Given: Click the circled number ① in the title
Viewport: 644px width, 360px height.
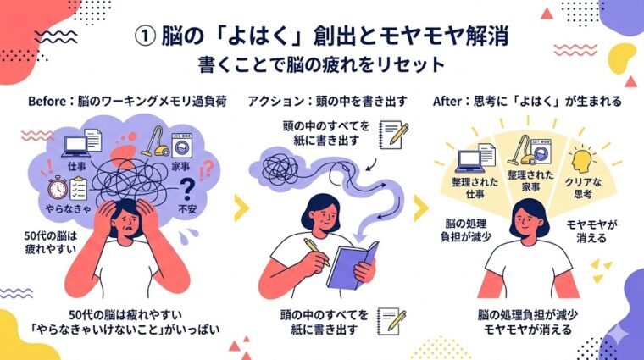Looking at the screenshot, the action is point(145,37).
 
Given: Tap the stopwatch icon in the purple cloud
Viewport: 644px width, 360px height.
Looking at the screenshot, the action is point(58,188).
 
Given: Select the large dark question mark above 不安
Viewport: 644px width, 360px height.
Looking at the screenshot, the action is point(188,189).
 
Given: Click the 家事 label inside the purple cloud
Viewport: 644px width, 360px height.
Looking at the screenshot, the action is point(180,166).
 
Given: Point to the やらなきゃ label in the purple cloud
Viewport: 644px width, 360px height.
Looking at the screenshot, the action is point(68,208).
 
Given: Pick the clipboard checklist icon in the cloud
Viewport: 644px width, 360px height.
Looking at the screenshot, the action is point(78,188).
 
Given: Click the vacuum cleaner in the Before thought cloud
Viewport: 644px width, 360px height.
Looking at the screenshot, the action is point(155,142).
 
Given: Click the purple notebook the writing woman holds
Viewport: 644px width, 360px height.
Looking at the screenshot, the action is point(352,265).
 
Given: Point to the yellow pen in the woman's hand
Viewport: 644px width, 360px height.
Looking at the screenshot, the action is point(317,252).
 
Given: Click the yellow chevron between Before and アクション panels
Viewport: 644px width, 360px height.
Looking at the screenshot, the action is point(241,208).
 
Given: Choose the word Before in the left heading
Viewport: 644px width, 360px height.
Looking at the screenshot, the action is point(47,101).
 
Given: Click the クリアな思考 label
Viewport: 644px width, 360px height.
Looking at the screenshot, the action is point(583,187).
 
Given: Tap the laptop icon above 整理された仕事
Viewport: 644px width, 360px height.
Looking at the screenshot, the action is point(469,161).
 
